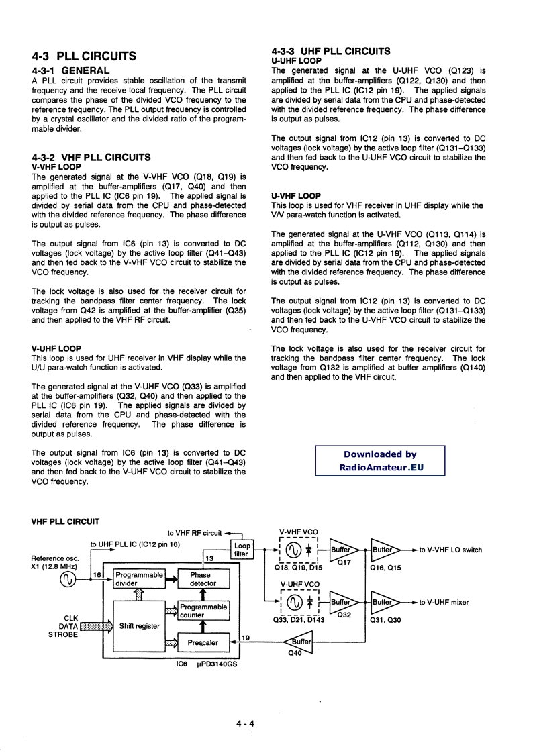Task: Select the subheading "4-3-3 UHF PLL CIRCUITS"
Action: tap(331, 51)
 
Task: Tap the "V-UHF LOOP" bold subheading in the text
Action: tap(56, 349)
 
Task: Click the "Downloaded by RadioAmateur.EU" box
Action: tap(380, 461)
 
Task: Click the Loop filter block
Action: tap(241, 550)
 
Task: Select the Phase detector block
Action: tap(200, 579)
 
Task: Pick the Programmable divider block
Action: tap(139, 579)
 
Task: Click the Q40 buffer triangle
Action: tap(301, 642)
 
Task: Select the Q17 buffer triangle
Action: tap(343, 550)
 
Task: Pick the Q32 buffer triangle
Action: tap(343, 602)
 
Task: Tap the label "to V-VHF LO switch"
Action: tap(450, 550)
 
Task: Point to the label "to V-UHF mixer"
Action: tap(444, 603)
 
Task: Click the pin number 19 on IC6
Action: tap(246, 638)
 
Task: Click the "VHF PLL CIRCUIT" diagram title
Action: tap(66, 521)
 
